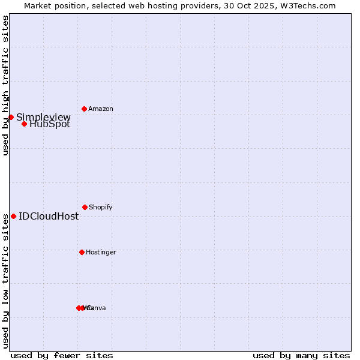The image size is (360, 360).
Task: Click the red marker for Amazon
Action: point(84,109)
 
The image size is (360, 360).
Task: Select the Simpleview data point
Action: point(11,117)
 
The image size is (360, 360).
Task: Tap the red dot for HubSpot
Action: point(24,124)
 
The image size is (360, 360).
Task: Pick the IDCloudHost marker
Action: point(13,216)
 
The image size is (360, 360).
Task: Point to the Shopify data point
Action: point(85,207)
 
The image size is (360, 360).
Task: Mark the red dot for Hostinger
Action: point(82,252)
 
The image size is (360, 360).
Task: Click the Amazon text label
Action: point(101,109)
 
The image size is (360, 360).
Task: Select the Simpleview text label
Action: point(43,117)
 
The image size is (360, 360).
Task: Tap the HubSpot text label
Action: point(50,124)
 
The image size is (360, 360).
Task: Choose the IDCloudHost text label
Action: point(49,216)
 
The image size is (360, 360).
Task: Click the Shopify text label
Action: point(101,207)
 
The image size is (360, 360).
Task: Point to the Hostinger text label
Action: point(101,252)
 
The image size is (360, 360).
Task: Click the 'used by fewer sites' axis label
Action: point(62,355)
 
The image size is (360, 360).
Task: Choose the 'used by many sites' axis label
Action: point(301,355)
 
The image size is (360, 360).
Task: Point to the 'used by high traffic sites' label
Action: point(5,86)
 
